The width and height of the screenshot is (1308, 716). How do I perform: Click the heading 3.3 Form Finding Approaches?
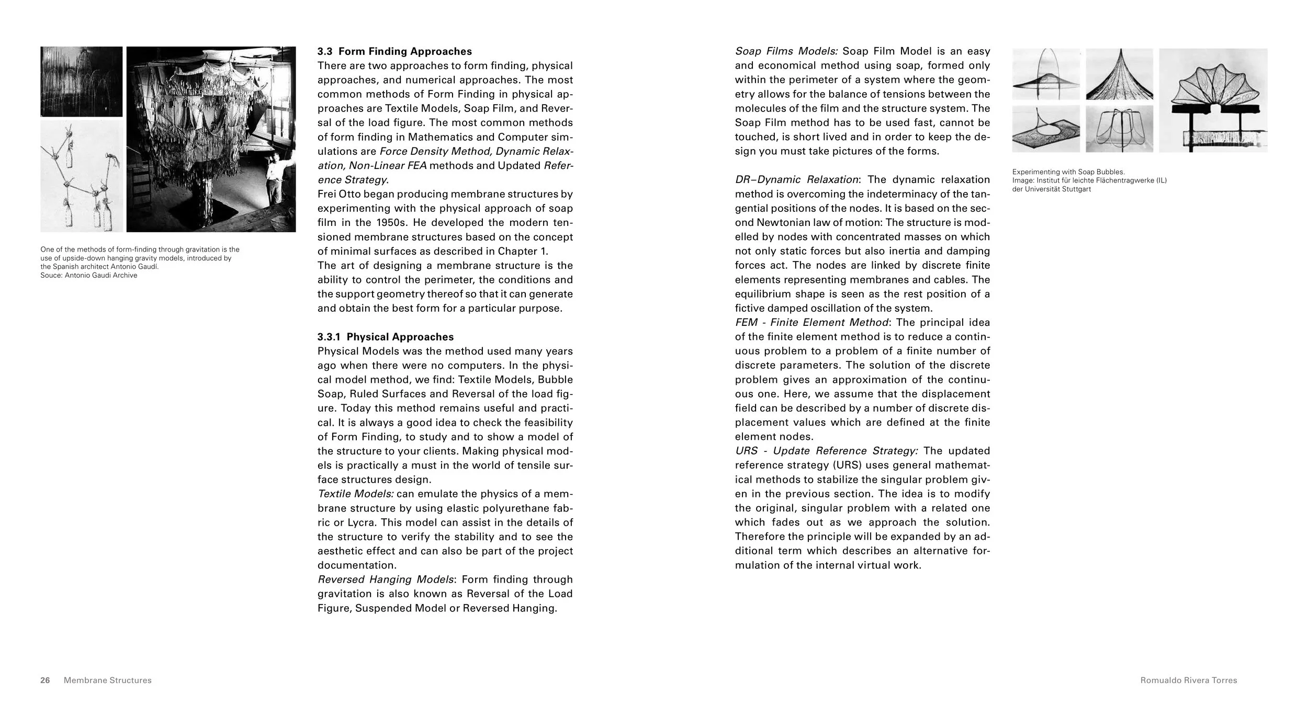pos(394,51)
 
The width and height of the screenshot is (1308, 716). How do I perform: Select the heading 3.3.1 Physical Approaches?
pos(386,337)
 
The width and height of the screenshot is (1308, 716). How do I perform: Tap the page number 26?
pos(45,680)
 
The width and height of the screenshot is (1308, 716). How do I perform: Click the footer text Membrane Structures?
pos(107,680)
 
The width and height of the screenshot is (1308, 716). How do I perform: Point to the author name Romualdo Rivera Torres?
pos(1189,680)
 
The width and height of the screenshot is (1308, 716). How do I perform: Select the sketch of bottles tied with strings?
pos(82,176)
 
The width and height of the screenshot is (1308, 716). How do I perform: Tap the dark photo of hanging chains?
pos(82,81)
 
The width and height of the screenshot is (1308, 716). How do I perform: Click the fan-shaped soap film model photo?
pos(1213,100)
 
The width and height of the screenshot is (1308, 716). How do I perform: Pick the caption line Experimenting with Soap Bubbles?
pos(1067,172)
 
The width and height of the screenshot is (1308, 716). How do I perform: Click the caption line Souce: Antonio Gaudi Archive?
pos(89,276)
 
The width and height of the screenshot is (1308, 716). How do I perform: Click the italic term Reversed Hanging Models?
pos(386,579)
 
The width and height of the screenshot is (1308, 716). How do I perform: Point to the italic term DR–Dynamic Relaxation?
pos(796,179)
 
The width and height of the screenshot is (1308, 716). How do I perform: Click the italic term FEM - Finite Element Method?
pos(811,322)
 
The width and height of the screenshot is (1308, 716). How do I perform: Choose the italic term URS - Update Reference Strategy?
pos(826,451)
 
